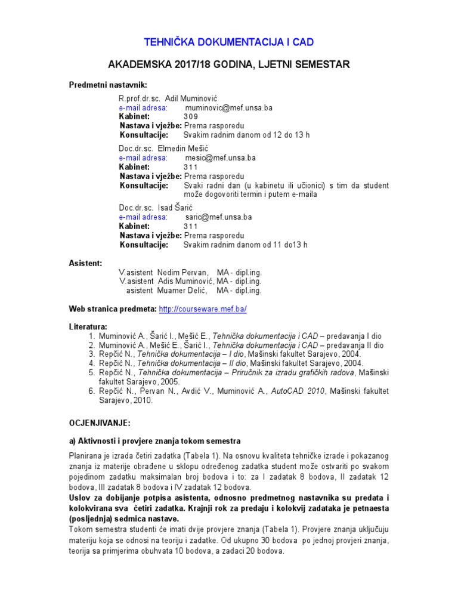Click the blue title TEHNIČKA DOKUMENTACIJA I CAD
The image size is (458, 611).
pyautogui.click(x=229, y=42)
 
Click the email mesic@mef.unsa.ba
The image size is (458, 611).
pyautogui.click(x=220, y=158)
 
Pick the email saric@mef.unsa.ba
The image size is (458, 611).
pyautogui.click(x=218, y=217)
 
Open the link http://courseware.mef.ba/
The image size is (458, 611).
pyautogui.click(x=203, y=309)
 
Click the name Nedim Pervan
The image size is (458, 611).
pyautogui.click(x=181, y=272)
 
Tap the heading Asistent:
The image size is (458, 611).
pyautogui.click(x=85, y=263)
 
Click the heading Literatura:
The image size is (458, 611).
pyautogui.click(x=88, y=327)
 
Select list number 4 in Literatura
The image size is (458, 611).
pyautogui.click(x=92, y=362)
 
